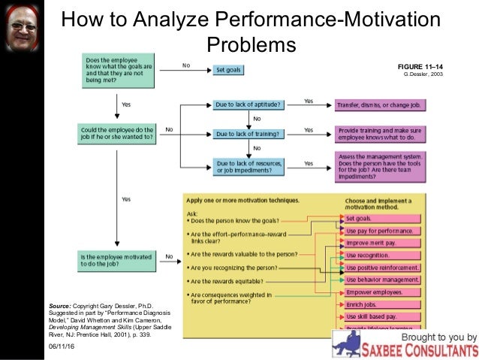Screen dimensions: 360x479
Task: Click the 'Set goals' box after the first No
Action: (x=234, y=70)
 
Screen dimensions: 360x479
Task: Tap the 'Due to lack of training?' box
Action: (x=249, y=134)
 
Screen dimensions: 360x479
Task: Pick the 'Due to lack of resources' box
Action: (x=249, y=165)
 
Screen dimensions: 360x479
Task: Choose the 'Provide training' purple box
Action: (x=382, y=133)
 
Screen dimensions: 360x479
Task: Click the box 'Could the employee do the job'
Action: (x=116, y=134)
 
